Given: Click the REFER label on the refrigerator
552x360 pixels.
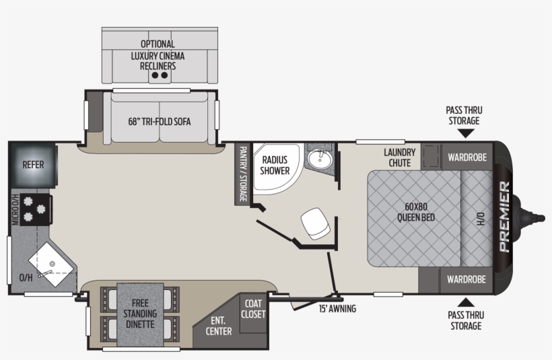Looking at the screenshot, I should tap(33, 164).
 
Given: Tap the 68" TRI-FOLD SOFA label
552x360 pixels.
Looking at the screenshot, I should tap(160, 122).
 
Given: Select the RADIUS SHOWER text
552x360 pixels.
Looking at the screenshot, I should tap(275, 165).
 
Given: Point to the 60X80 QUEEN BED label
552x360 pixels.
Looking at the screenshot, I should tap(415, 213).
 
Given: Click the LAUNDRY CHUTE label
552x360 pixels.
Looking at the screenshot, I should tap(400, 157).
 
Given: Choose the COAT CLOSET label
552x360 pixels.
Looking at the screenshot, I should tap(253, 309).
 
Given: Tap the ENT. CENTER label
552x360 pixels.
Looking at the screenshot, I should tap(219, 326).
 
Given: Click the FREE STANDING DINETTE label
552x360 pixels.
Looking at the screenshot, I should tap(140, 314).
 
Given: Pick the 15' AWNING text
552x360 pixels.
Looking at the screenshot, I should tap(337, 309).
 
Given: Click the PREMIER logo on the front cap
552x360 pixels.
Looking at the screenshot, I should tap(504, 217).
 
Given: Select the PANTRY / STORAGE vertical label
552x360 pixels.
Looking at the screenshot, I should tap(242, 174).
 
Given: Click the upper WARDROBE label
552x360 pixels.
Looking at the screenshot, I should tap(467, 157).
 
